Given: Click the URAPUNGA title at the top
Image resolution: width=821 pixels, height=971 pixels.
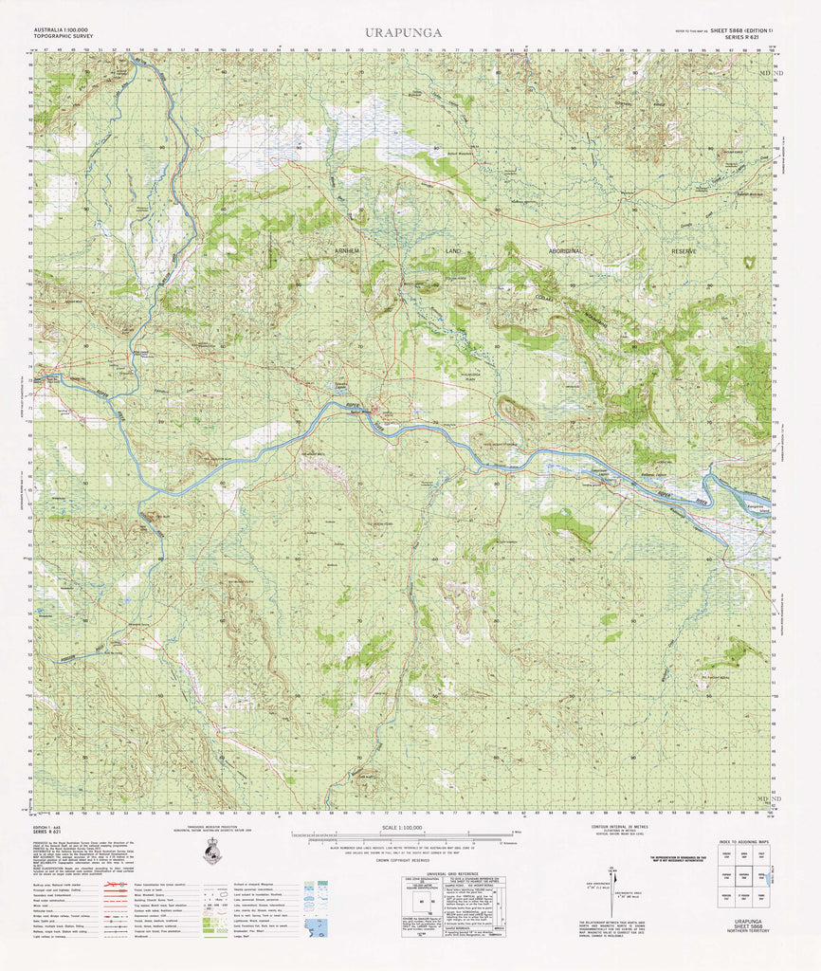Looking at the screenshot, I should (402, 32).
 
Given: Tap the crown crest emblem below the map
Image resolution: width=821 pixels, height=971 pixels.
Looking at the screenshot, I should (215, 853).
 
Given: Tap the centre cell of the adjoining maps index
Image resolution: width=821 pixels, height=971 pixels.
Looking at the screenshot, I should (746, 878).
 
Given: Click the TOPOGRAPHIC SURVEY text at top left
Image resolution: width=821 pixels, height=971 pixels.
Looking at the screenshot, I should (63, 38).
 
